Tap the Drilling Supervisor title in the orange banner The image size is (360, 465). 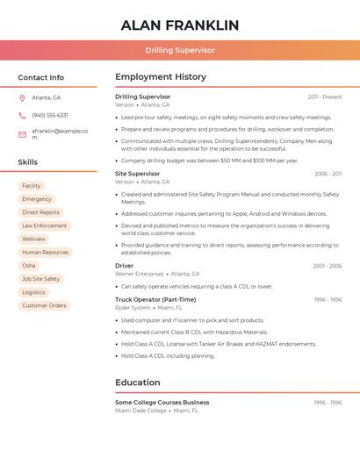179,50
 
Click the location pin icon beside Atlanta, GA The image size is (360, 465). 22,97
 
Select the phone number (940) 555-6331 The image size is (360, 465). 50,115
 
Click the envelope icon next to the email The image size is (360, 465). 22,134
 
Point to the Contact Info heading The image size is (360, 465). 41,77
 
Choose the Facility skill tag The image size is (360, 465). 32,186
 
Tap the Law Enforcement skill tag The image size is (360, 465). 45,225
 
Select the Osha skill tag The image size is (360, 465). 29,266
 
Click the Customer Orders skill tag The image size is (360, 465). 44,305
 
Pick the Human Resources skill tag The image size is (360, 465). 45,253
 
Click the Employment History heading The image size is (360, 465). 161,77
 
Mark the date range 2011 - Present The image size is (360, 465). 325,97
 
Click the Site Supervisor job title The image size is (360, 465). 138,174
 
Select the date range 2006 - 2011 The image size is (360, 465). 328,174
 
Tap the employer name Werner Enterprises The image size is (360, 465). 140,274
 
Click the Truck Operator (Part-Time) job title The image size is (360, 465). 155,299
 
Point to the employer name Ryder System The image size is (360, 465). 133,308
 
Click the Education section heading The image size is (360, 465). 138,383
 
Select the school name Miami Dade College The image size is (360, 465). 140,411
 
